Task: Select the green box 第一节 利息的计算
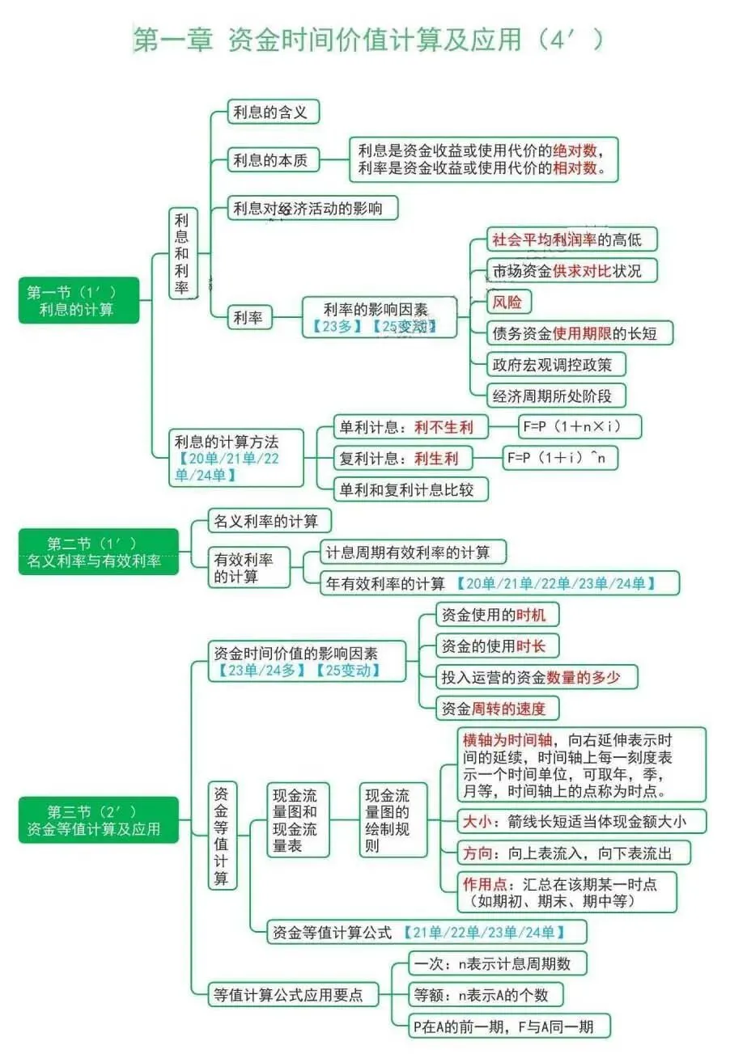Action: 79,300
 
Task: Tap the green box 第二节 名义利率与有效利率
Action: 98,552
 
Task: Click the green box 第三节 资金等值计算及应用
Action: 98,820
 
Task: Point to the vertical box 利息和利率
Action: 182,253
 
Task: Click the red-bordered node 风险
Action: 507,303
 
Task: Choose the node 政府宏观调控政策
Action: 558,364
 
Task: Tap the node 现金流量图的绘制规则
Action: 393,820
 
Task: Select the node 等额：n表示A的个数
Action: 486,994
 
